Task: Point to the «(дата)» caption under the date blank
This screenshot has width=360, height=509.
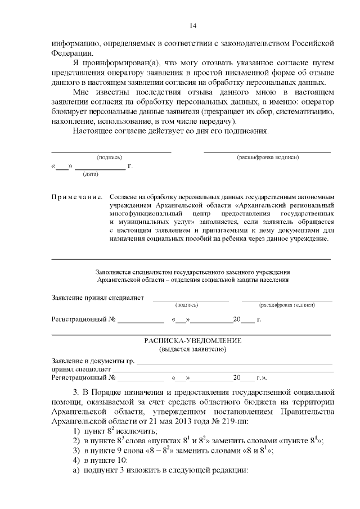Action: (91, 174)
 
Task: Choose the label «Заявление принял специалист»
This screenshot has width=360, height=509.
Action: (97, 297)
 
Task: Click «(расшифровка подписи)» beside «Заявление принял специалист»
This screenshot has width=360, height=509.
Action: (286, 304)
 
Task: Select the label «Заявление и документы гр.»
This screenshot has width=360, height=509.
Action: (93, 361)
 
